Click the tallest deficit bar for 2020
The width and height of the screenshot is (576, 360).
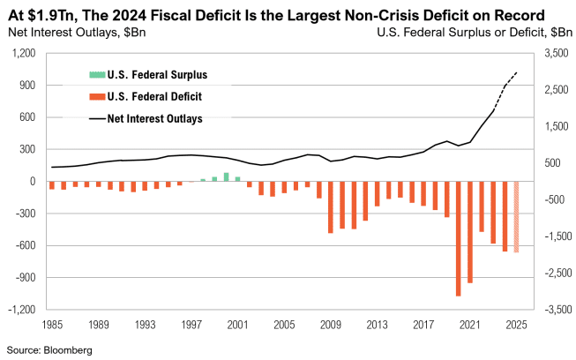tap(459, 238)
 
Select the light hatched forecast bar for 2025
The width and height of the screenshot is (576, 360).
tap(517, 217)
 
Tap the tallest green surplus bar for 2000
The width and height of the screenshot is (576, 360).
tap(226, 176)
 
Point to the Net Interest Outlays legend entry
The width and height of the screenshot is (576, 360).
tap(153, 118)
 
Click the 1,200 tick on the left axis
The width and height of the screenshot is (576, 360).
tap(23, 54)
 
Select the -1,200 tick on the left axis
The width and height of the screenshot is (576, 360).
tap(21, 310)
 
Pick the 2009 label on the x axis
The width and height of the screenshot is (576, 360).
tap(331, 325)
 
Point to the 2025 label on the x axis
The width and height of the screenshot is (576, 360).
tap(517, 325)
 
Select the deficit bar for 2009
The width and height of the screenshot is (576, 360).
tap(331, 207)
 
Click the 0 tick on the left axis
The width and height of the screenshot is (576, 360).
tap(33, 182)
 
